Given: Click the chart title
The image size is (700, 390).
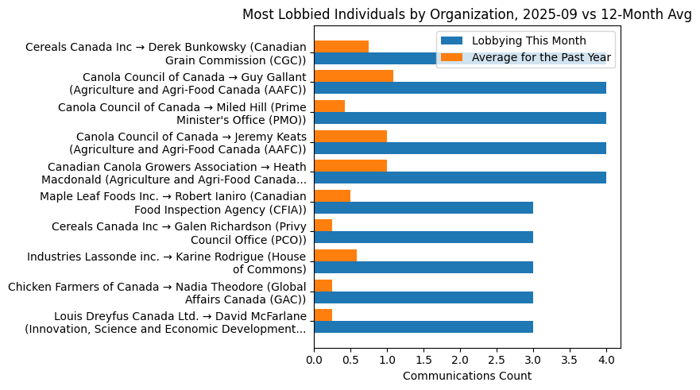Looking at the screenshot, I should [467, 14].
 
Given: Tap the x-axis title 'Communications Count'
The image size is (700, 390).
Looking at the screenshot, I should [467, 376].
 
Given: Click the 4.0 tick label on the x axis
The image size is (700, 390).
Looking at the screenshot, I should [606, 360].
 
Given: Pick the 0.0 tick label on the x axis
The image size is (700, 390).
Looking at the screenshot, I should [314, 360].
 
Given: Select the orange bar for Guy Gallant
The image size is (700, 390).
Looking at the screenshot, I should [354, 76].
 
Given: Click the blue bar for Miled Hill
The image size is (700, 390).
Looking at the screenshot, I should [460, 118].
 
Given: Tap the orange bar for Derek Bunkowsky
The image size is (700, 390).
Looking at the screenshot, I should [341, 46].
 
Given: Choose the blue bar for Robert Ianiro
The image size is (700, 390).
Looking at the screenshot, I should [423, 207].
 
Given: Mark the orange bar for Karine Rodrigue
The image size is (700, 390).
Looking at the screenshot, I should [335, 255].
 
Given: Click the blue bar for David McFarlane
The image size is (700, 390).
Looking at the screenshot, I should [423, 326].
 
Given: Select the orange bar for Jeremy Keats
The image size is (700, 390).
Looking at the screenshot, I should [350, 136].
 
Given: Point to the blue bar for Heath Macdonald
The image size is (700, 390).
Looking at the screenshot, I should [460, 177].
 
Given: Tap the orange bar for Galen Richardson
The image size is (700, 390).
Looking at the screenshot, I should [323, 225].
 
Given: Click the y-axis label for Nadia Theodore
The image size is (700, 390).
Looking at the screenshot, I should [157, 293].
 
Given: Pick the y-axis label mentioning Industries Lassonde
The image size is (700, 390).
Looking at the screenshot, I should [167, 263].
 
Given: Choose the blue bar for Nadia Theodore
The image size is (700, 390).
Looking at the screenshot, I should [423, 296].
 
